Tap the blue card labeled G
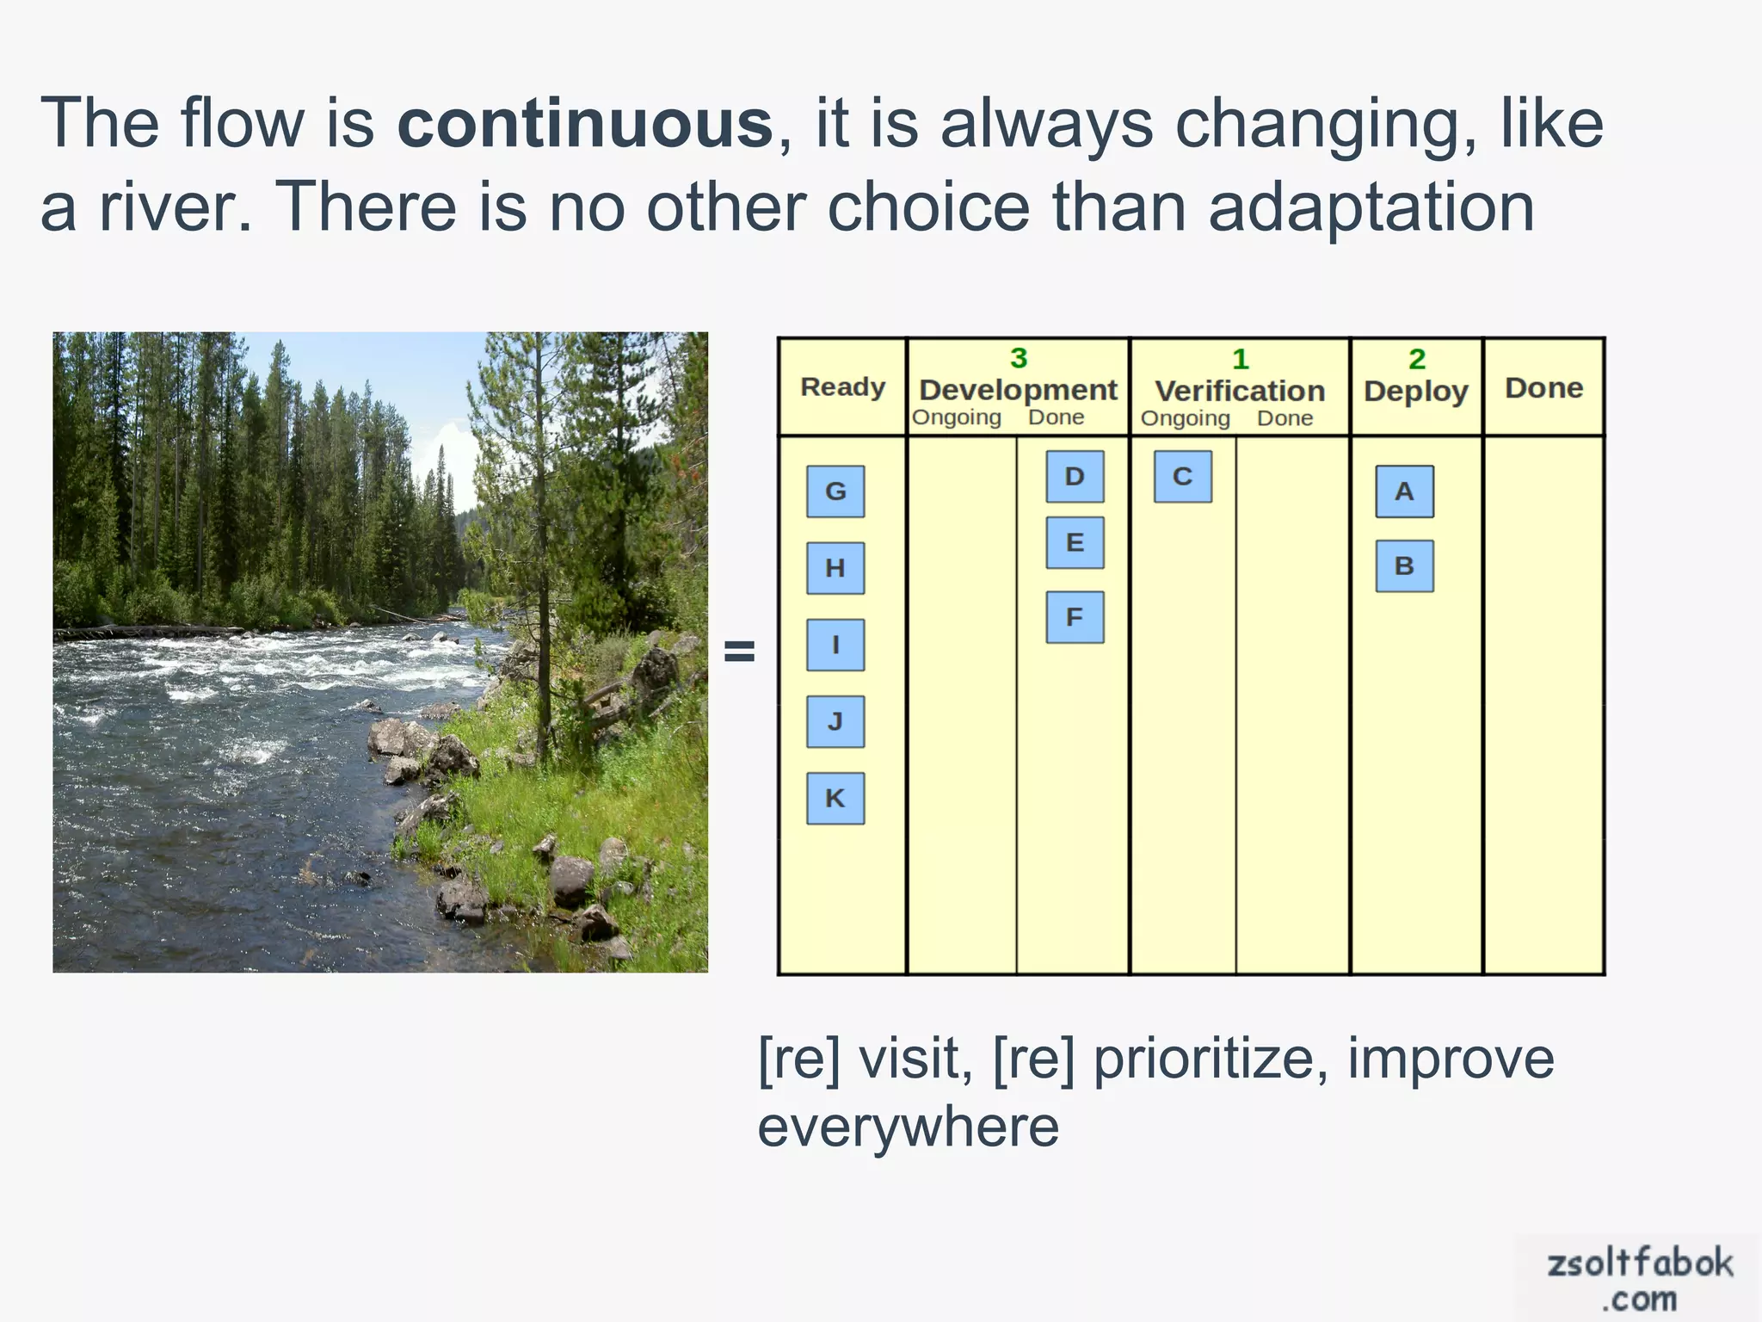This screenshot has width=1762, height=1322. [x=835, y=491]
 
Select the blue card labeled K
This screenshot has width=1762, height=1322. [x=835, y=799]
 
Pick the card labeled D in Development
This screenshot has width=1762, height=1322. [x=1075, y=477]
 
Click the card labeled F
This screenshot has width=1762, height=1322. [x=1075, y=617]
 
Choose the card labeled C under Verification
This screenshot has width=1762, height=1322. [x=1183, y=477]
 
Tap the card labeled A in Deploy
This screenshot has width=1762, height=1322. [x=1404, y=491]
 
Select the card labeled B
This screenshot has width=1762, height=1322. [x=1404, y=566]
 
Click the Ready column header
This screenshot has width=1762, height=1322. [x=842, y=387]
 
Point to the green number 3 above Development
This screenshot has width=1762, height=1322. [x=1019, y=358]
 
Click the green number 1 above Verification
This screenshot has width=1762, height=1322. [x=1240, y=359]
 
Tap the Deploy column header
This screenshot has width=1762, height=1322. [x=1415, y=391]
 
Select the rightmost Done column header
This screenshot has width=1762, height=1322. [x=1543, y=388]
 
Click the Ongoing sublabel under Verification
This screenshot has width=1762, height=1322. [x=1185, y=419]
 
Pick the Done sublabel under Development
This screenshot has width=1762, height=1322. [x=1056, y=418]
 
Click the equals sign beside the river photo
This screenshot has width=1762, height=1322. [x=739, y=652]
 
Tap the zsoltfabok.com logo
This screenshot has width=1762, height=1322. [x=1638, y=1279]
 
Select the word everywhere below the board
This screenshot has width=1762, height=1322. [x=908, y=1127]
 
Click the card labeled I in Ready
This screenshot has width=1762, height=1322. [x=835, y=645]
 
